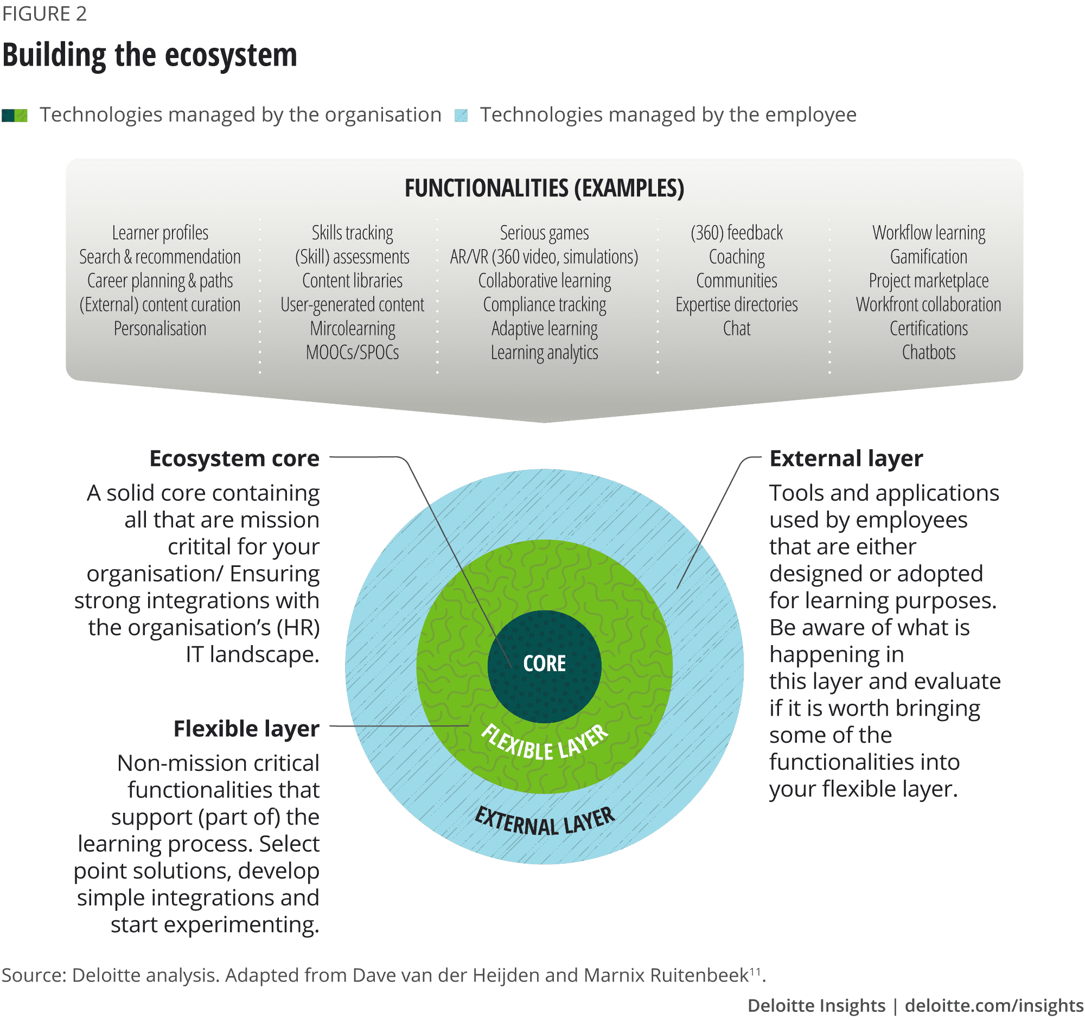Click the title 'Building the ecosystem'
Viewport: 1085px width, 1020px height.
tap(150, 56)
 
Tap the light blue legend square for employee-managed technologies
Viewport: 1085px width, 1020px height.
tap(461, 115)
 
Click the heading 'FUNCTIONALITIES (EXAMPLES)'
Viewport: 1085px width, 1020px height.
tap(544, 188)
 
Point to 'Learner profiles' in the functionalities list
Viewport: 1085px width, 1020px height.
tap(160, 233)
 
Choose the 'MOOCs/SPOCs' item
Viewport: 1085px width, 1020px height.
tap(352, 353)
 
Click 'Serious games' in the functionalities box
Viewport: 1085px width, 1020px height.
tap(544, 233)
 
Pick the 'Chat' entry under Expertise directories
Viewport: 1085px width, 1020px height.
tap(736, 329)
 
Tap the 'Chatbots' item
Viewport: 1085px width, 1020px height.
tap(928, 353)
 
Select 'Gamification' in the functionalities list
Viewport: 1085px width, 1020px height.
tap(928, 257)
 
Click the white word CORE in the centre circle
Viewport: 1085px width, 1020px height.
tap(544, 664)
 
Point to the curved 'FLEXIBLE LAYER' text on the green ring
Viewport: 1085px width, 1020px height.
tap(544, 744)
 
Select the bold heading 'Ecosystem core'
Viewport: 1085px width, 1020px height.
tap(234, 458)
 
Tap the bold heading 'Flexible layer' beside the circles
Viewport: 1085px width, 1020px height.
tap(246, 729)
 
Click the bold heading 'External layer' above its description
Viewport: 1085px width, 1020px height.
tap(846, 458)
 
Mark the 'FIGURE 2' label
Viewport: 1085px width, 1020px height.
tap(44, 14)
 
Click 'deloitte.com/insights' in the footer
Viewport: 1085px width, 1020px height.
tap(994, 1005)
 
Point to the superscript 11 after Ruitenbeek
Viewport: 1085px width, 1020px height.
tap(755, 971)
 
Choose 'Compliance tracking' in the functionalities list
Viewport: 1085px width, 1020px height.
tap(544, 305)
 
